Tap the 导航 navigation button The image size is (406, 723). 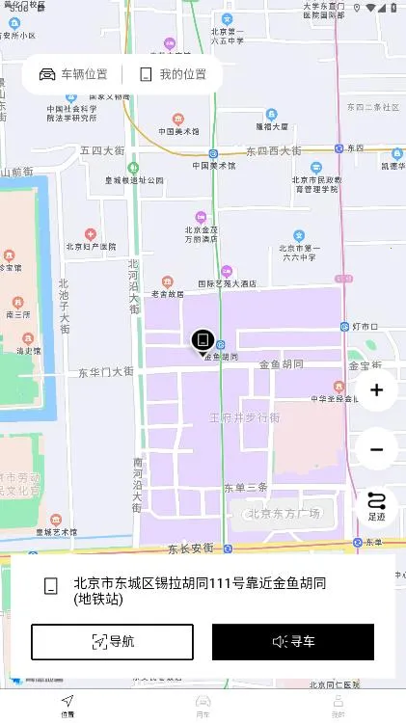click(112, 641)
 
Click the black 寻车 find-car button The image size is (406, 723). click(293, 641)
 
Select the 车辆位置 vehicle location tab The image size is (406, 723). click(73, 74)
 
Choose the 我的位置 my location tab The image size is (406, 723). click(173, 74)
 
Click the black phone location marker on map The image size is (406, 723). click(202, 339)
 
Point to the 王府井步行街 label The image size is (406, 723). click(245, 417)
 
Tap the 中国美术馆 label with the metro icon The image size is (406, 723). click(214, 165)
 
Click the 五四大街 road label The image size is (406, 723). click(102, 151)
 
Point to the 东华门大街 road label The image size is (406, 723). click(105, 371)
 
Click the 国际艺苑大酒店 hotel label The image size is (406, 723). click(228, 283)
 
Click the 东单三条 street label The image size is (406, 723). click(245, 487)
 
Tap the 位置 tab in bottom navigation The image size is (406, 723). click(68, 706)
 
